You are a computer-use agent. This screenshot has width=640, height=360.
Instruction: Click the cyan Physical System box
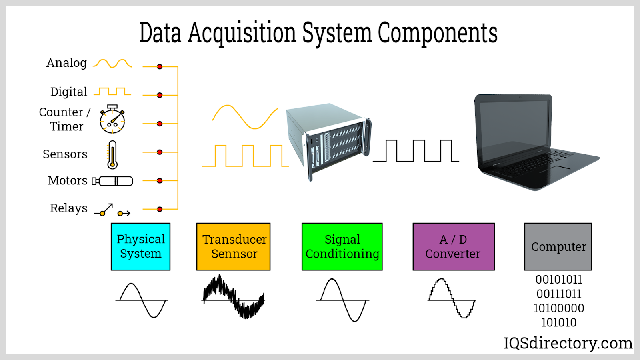[x=140, y=246]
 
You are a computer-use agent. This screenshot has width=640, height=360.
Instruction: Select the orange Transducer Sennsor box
[x=234, y=246]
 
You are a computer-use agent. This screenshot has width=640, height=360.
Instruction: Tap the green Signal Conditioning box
[x=342, y=246]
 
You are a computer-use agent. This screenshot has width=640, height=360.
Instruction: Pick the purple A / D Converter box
[x=454, y=246]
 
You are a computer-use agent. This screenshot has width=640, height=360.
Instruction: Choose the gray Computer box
[x=558, y=246]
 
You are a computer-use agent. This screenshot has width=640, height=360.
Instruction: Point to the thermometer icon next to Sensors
[x=112, y=154]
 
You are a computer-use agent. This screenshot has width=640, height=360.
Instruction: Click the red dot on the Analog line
[x=160, y=67]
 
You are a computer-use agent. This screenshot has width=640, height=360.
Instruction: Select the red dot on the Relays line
[x=160, y=209]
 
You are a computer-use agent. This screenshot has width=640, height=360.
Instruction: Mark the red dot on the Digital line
[x=160, y=95]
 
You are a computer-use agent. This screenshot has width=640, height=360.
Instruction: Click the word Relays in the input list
[x=68, y=208]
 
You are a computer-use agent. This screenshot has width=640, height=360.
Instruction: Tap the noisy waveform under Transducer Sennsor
[x=234, y=297]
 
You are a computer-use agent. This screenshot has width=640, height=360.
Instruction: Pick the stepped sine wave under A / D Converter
[x=452, y=298]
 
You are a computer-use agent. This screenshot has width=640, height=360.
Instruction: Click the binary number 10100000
[x=559, y=308]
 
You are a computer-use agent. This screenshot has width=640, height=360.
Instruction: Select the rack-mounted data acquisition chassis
[x=328, y=140]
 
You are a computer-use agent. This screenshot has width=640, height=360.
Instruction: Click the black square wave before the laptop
[x=416, y=151]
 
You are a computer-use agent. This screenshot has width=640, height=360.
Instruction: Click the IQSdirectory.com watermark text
[x=568, y=343]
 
